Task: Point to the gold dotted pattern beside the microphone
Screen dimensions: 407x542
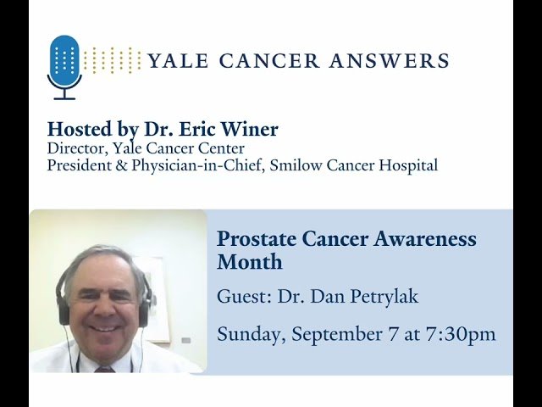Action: (x=113, y=60)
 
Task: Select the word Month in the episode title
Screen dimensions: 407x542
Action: (x=249, y=262)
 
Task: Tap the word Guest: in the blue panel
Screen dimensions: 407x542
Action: (x=244, y=298)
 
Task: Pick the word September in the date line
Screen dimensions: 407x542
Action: (x=332, y=334)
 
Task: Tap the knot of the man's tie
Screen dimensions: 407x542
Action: (x=104, y=369)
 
